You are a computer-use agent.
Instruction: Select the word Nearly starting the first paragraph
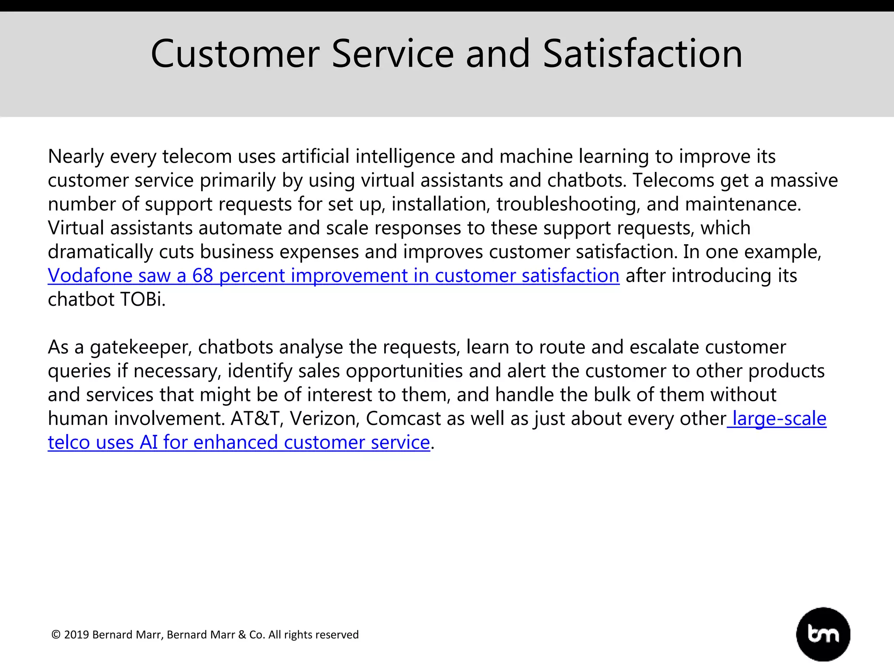[x=76, y=157]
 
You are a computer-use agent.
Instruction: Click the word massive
[x=804, y=180]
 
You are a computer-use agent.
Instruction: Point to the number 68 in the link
[x=203, y=276]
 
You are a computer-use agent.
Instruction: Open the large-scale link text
[x=779, y=419]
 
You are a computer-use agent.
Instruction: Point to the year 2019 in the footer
[x=76, y=635]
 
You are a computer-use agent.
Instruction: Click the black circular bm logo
[x=823, y=634]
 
